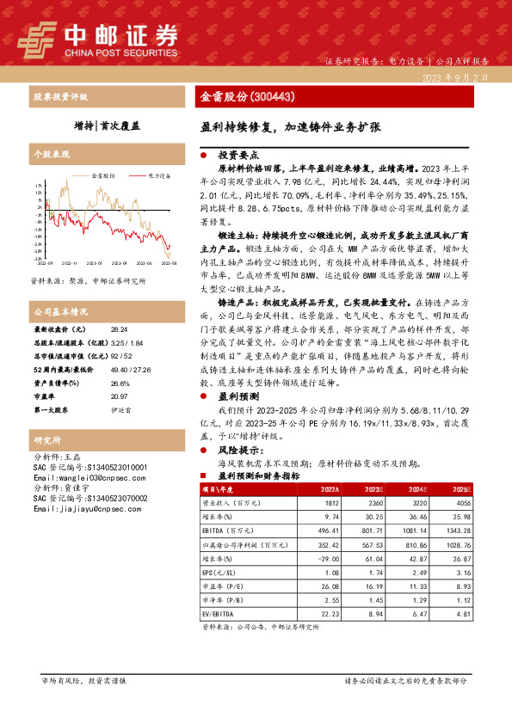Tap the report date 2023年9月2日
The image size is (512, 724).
coord(455,77)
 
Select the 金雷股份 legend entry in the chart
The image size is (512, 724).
coord(105,175)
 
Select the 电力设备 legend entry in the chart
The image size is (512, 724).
coord(160,175)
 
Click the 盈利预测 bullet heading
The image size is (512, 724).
coord(235,397)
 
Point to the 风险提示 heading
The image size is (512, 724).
coord(237,448)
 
